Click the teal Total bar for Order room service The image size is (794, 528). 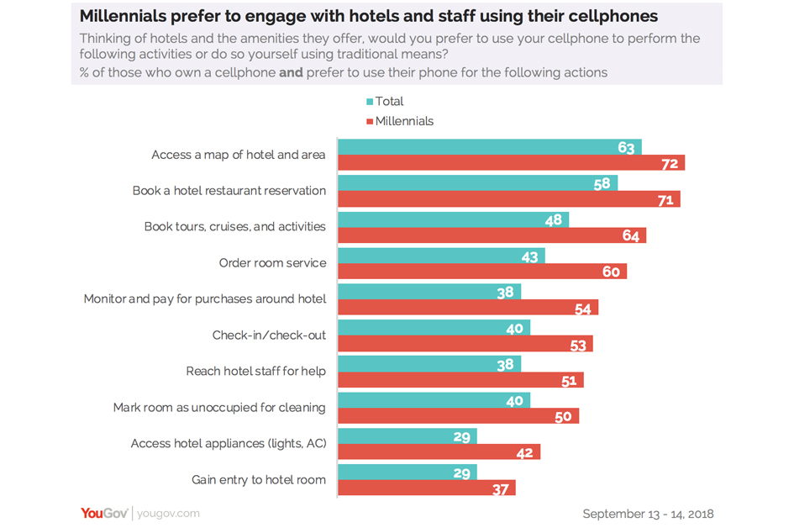[x=441, y=256]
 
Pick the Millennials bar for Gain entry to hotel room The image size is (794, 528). [x=426, y=488]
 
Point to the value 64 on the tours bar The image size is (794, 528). [x=631, y=236]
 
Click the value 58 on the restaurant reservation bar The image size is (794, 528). [x=602, y=183]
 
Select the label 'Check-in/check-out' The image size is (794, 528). [x=269, y=335]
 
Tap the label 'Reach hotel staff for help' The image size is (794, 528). [x=255, y=371]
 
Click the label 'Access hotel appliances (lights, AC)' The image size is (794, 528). [x=228, y=443]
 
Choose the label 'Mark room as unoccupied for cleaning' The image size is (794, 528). [x=219, y=407]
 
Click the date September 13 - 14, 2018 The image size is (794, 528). [x=647, y=513]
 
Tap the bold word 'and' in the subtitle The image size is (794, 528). [x=291, y=72]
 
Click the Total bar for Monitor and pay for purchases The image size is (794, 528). [x=429, y=292]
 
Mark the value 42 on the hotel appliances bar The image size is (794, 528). [x=525, y=453]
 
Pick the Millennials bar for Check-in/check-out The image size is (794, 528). [x=465, y=344]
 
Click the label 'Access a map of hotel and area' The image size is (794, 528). [x=239, y=155]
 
